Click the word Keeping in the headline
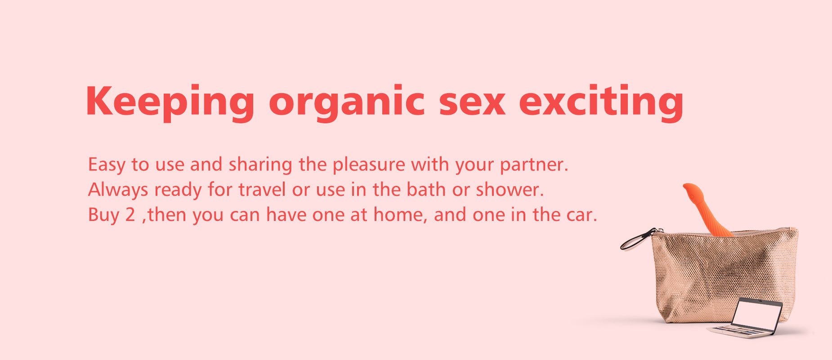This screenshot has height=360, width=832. coord(170,103)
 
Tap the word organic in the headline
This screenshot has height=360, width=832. coord(347,103)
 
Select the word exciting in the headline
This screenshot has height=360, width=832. coord(601,103)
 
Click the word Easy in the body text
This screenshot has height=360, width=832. coord(107,165)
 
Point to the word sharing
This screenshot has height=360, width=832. coord(260,165)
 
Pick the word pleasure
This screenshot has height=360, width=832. coord(369,165)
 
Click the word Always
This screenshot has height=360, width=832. coord(118,190)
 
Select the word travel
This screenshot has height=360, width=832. coord(262,189)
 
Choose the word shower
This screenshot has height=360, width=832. coord(510,189)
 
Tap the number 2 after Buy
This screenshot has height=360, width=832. coord(130,215)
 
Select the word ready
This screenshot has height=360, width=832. coord(178,190)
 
